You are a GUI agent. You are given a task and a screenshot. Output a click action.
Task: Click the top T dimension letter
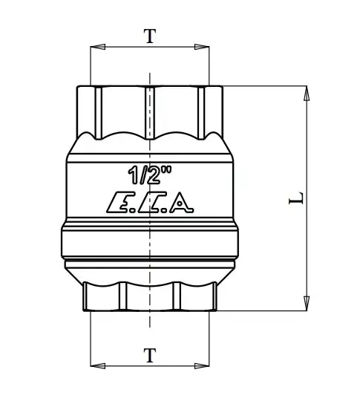tap(150, 36)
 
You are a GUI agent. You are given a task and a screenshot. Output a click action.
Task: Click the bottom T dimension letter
tap(150, 355)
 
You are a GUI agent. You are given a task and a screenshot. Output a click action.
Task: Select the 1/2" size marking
tap(150, 175)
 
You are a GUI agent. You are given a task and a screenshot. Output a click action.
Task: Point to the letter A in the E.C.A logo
tap(181, 203)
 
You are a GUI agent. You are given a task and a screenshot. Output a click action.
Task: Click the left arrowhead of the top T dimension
tap(98, 47)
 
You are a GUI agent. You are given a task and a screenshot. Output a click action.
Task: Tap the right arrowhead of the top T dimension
tap(202, 47)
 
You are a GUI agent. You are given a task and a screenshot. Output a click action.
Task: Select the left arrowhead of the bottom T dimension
tap(98, 366)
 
